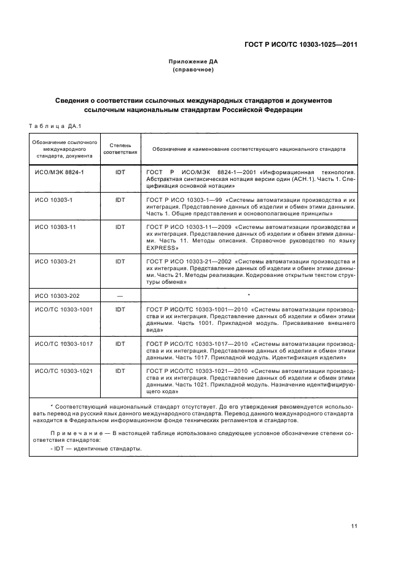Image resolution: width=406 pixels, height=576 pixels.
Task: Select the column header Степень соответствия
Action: (120, 148)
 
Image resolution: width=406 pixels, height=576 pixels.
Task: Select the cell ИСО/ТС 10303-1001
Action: (64, 309)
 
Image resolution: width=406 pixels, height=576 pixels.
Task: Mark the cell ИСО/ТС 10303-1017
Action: (64, 343)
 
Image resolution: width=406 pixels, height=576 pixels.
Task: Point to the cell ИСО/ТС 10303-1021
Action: (64, 371)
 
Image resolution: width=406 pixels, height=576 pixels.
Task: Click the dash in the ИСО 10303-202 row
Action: (120, 296)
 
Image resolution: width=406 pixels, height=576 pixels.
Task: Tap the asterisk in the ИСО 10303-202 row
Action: (249, 295)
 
